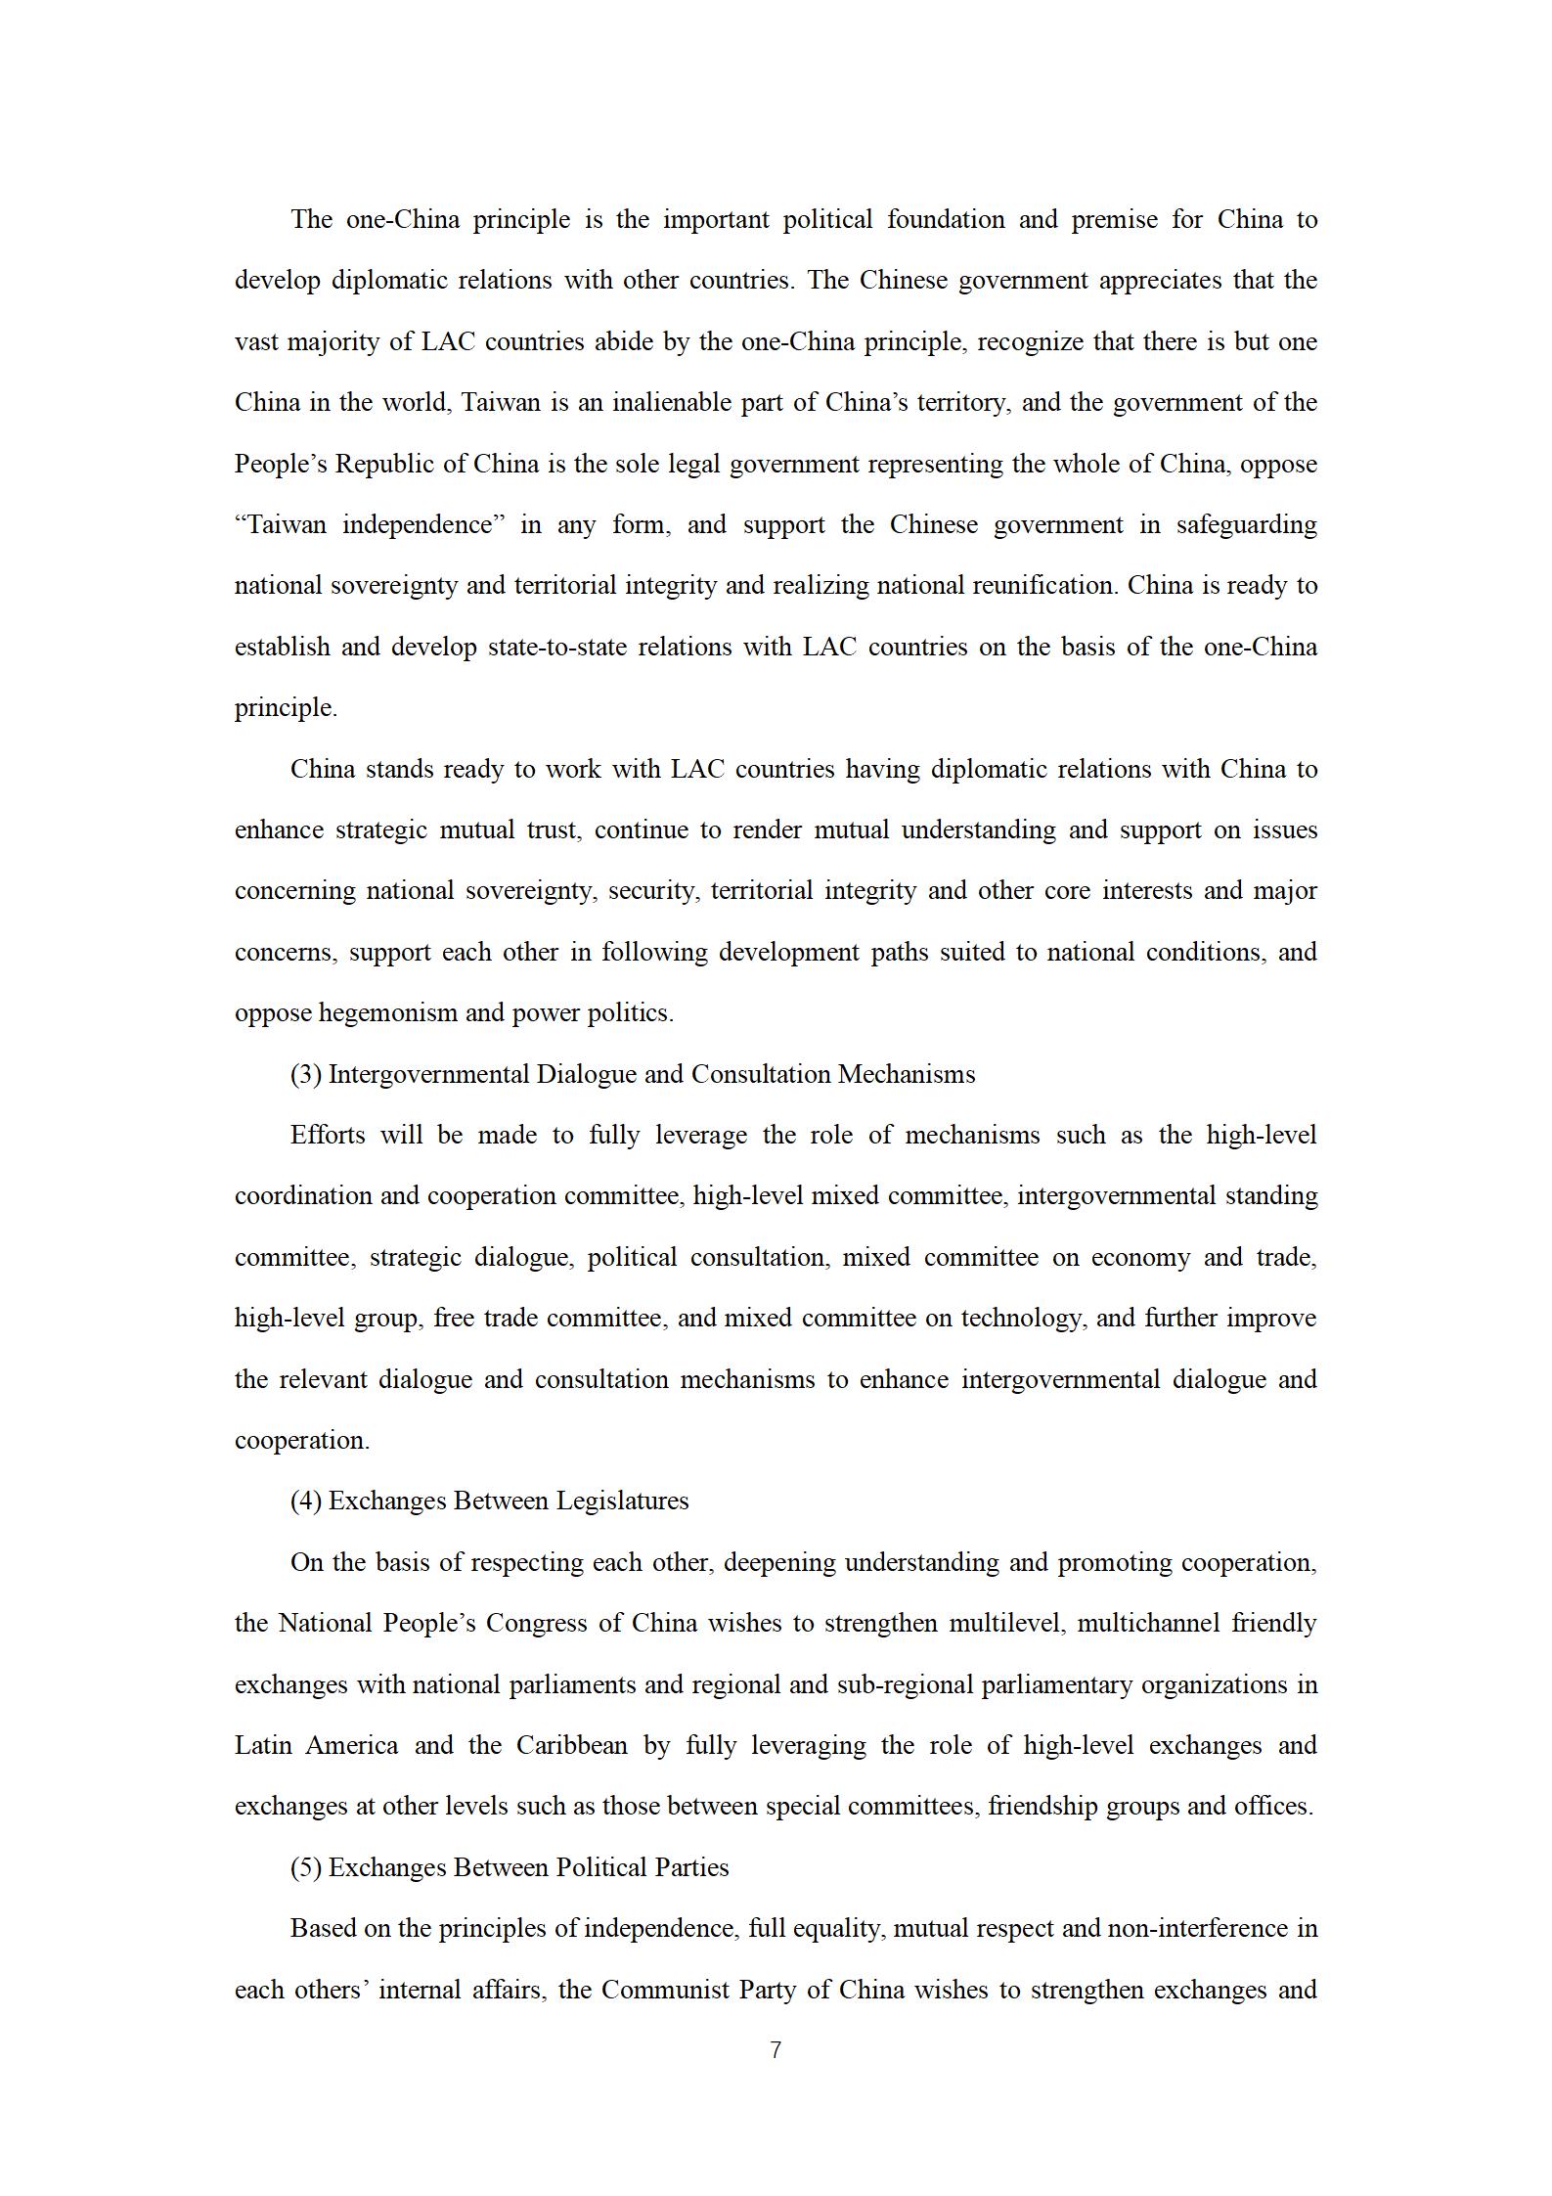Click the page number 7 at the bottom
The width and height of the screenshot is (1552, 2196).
[776, 2050]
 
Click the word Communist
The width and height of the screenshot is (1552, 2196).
[665, 1991]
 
